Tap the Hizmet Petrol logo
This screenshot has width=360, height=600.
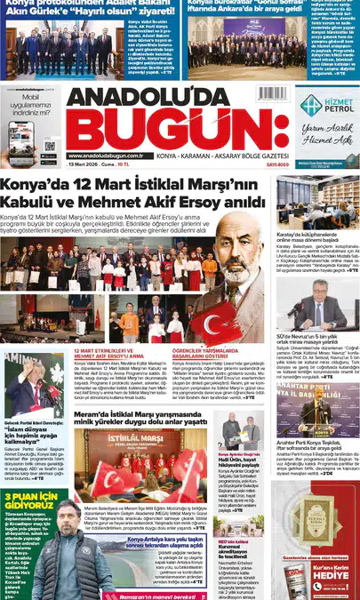pyautogui.click(x=327, y=106)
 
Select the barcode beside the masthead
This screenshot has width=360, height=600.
pyautogui.click(x=271, y=93)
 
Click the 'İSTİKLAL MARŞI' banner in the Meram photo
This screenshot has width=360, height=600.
pyautogui.click(x=134, y=439)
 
